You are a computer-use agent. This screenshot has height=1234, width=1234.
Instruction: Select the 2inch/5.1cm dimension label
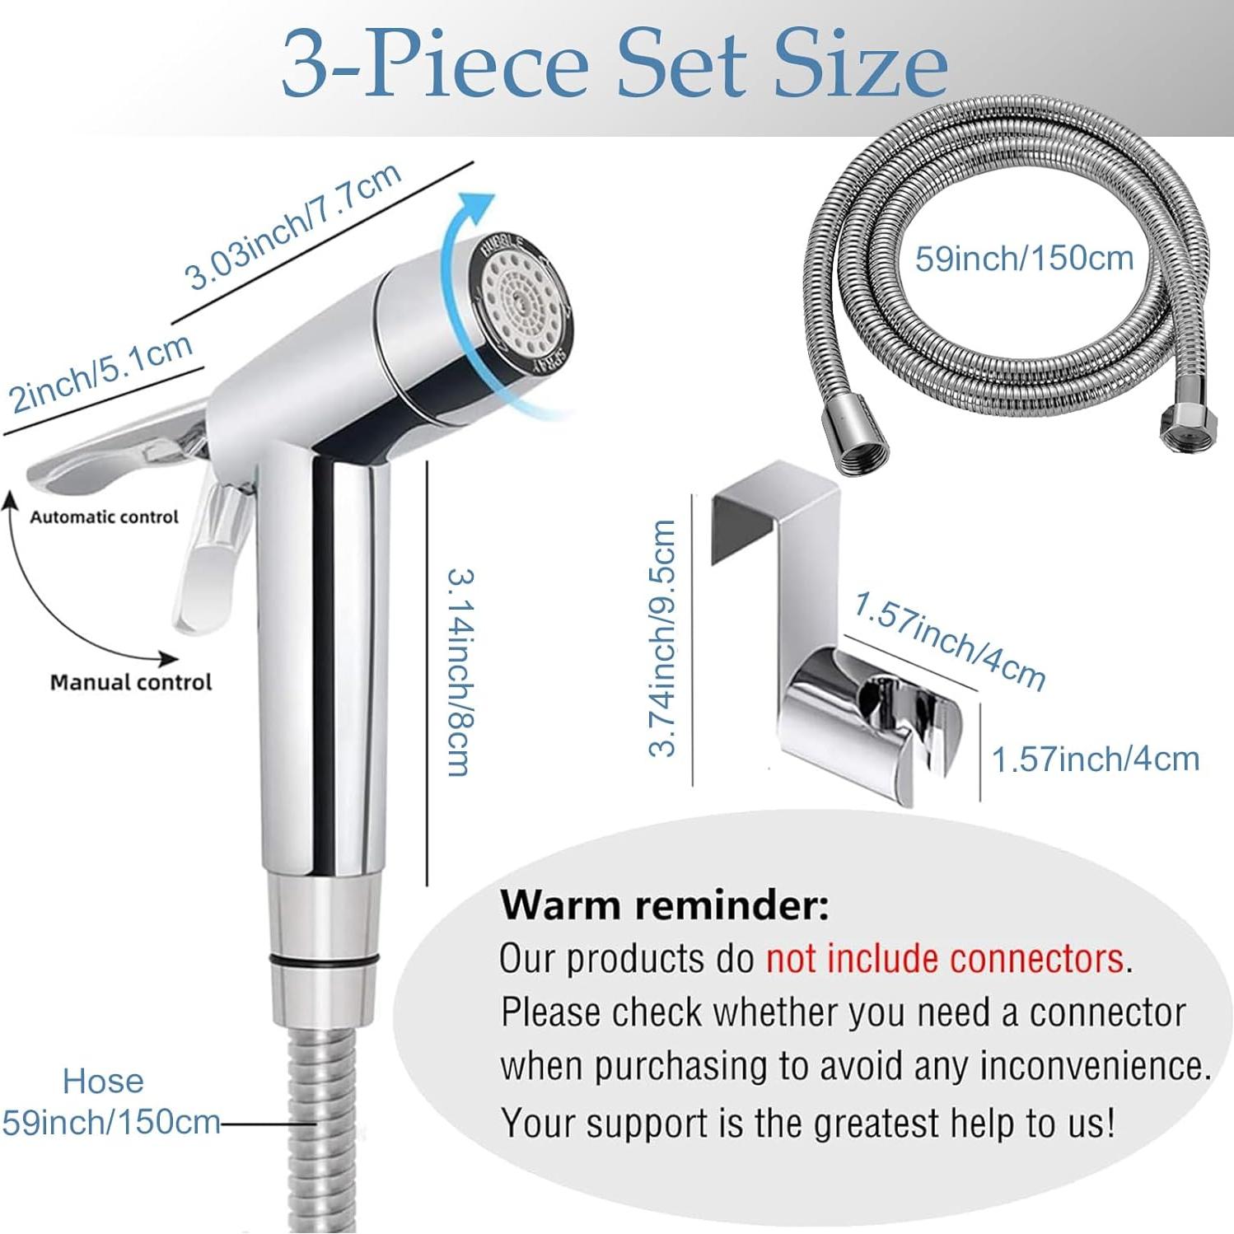coord(100,372)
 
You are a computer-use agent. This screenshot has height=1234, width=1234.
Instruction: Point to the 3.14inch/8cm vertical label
coord(460,671)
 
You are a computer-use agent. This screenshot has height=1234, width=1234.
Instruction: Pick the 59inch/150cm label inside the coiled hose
coord(1024,259)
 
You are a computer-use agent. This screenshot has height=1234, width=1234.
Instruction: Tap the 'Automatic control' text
coord(104,517)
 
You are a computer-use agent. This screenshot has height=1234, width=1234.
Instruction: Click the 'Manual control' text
coord(131,682)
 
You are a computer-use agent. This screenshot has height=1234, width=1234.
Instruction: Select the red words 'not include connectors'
coord(945,959)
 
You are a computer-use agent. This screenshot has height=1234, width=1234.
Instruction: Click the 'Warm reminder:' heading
coord(664,905)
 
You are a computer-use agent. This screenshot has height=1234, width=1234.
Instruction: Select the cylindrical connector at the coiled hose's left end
coord(862,445)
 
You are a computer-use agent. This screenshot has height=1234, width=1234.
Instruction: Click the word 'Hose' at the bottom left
coord(103,1081)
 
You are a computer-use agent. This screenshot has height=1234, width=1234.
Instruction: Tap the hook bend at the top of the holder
coord(774,486)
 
